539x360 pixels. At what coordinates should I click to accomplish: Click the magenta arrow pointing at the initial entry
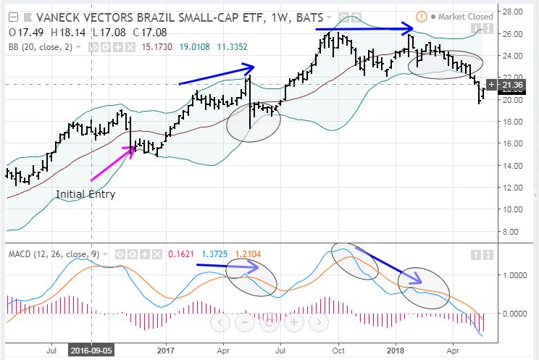[112, 163]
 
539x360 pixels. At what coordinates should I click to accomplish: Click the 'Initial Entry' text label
[85, 194]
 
